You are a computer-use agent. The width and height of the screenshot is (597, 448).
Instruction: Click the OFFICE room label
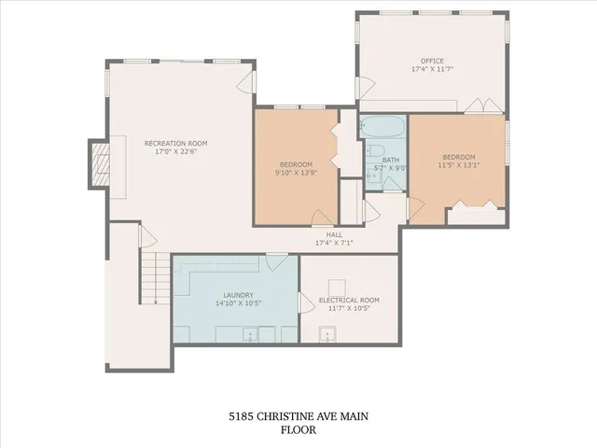click(x=433, y=61)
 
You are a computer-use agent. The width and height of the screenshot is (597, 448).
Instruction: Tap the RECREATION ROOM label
click(x=175, y=143)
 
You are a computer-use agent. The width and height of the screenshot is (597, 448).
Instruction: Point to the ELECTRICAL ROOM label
click(x=349, y=300)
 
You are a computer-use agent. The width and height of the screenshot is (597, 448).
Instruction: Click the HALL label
click(x=334, y=234)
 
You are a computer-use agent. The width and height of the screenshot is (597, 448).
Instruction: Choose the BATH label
click(x=390, y=160)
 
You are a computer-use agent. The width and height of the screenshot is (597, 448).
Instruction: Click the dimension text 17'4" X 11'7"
click(x=433, y=69)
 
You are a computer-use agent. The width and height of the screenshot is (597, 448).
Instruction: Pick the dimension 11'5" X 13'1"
click(x=459, y=165)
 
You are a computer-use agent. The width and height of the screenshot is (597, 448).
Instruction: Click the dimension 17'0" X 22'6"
click(x=175, y=152)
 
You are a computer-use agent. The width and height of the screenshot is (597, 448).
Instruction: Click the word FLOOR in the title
click(x=298, y=430)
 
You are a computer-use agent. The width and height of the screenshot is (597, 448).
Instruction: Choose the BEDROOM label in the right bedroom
click(x=459, y=156)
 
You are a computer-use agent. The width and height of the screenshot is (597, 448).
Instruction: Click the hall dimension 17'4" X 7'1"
click(x=334, y=243)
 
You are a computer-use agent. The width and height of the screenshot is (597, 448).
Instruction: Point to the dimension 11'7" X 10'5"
click(x=349, y=309)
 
